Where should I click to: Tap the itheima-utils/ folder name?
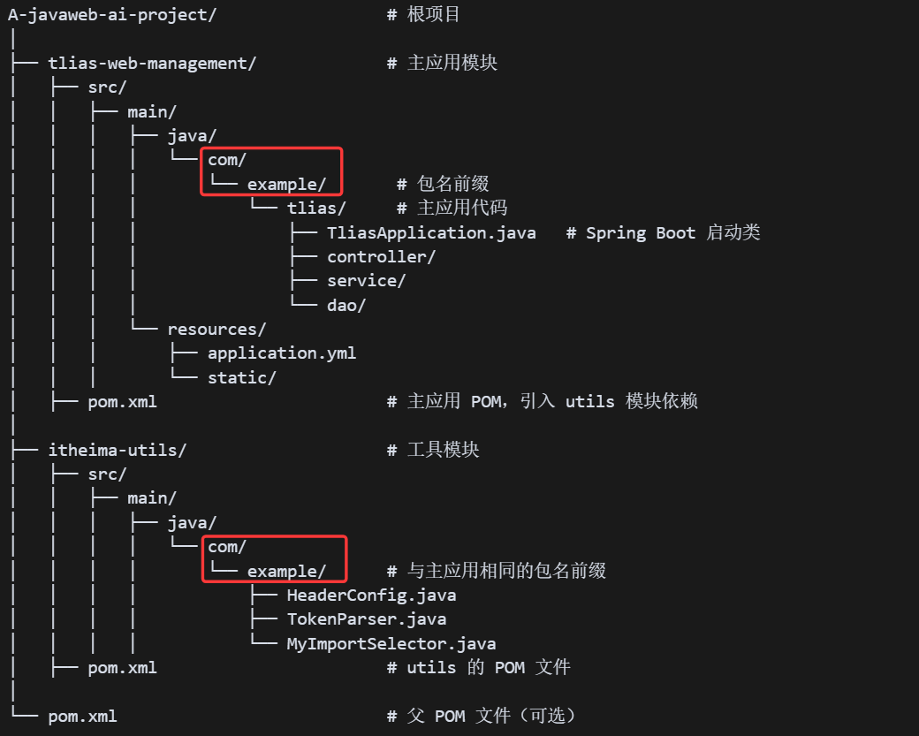pyautogui.click(x=117, y=450)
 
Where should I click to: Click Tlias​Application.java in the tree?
pyautogui.click(x=431, y=232)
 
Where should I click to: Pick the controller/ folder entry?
pyautogui.click(x=381, y=257)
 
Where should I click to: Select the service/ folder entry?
pyautogui.click(x=366, y=281)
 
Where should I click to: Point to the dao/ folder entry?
pyautogui.click(x=346, y=305)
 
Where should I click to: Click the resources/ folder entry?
pyautogui.click(x=216, y=330)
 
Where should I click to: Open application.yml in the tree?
pyautogui.click(x=282, y=353)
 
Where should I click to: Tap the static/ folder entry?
pyautogui.click(x=242, y=378)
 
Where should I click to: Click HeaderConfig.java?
pyautogui.click(x=371, y=596)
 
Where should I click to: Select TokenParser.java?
pyautogui.click(x=366, y=619)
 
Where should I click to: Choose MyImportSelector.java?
pyautogui.click(x=391, y=644)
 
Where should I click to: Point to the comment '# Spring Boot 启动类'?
pyautogui.click(x=663, y=232)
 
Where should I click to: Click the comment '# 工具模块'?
pyautogui.click(x=433, y=450)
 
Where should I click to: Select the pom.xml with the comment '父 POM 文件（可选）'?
pyautogui.click(x=82, y=716)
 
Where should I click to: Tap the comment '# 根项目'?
pyautogui.click(x=423, y=15)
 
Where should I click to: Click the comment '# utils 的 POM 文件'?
pyautogui.click(x=478, y=668)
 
